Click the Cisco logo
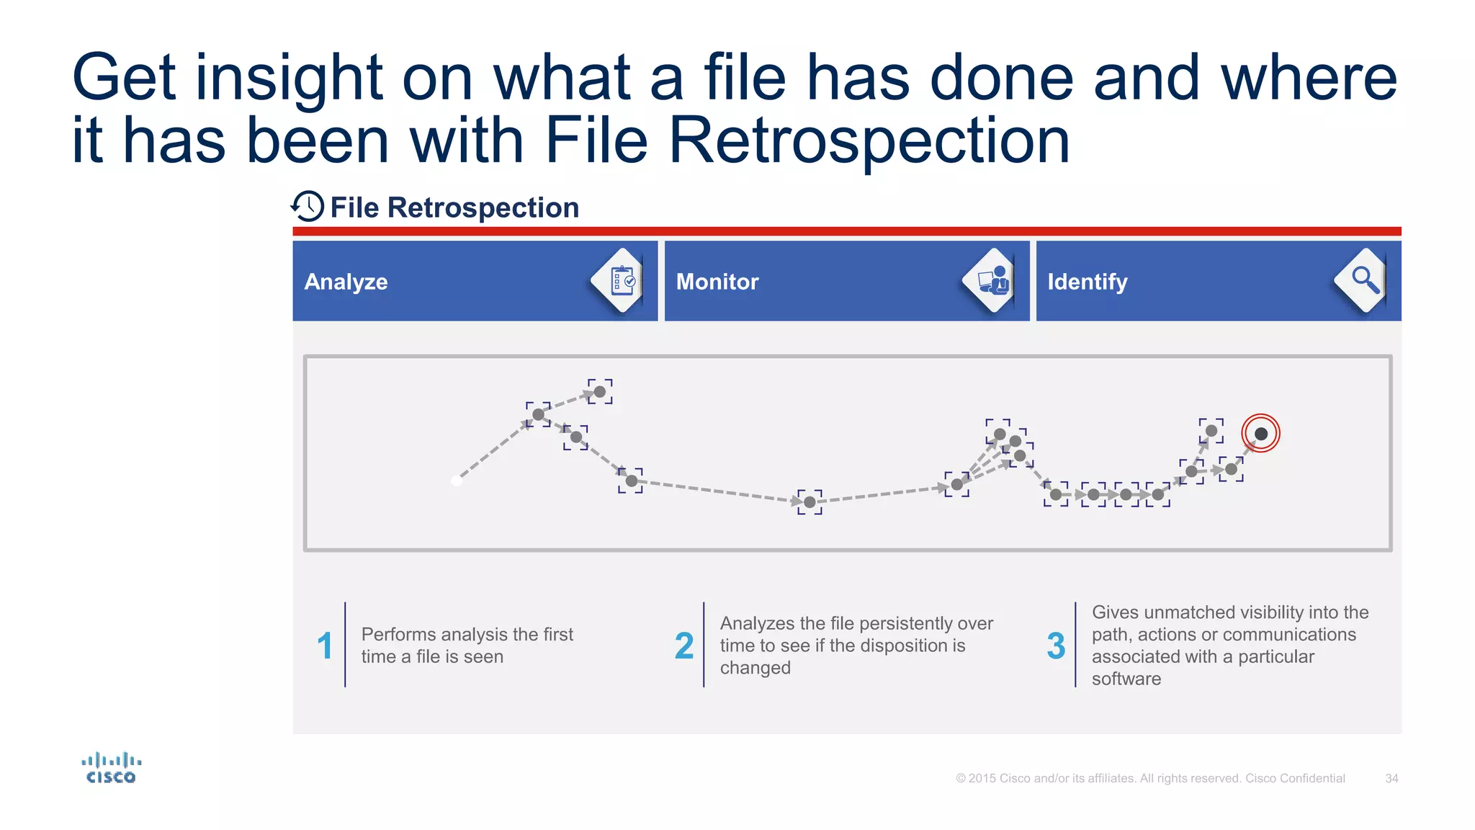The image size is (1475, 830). click(111, 768)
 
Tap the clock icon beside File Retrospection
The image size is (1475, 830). click(308, 207)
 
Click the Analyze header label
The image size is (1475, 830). click(346, 282)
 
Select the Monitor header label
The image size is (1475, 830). click(717, 282)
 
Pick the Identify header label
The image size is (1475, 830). click(1087, 282)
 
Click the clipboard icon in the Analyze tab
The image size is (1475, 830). click(622, 281)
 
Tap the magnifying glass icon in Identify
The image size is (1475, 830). click(1364, 280)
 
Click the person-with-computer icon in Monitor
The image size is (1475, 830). click(994, 280)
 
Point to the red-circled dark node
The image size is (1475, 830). click(1260, 434)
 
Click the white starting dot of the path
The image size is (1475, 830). click(456, 481)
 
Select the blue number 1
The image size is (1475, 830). click(325, 646)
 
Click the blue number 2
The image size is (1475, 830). click(683, 646)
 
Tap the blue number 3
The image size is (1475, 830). click(1056, 646)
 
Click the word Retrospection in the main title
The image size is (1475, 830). click(869, 140)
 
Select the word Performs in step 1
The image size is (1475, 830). click(399, 634)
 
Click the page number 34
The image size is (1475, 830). click(1391, 778)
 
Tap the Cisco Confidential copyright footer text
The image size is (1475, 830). click(1150, 778)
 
